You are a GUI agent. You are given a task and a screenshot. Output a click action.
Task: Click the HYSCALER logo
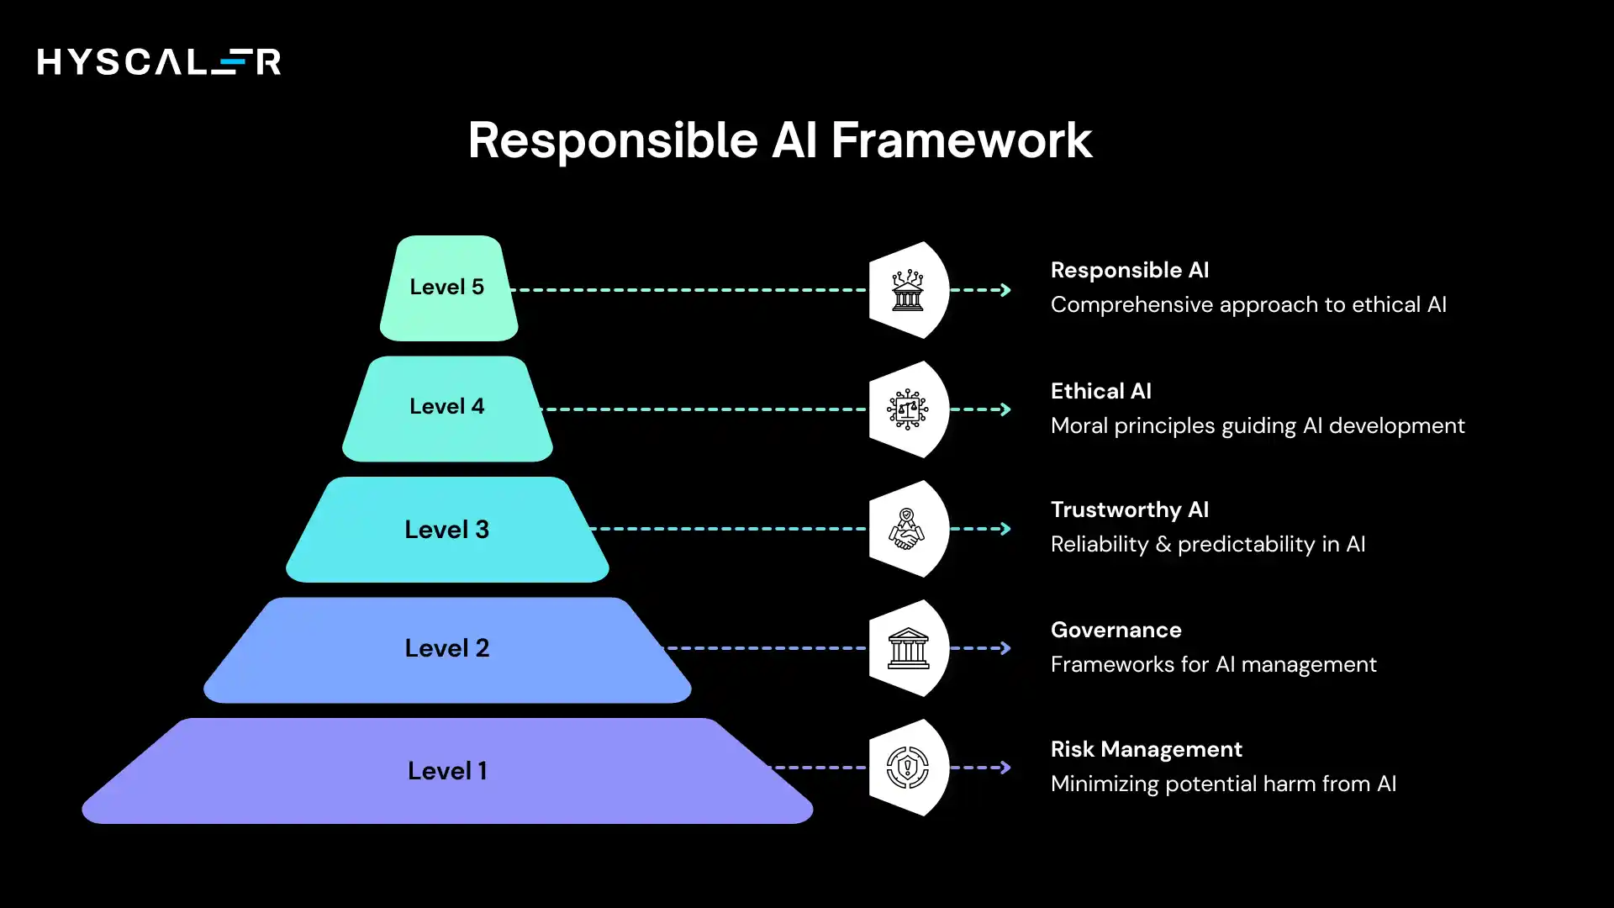pyautogui.click(x=159, y=61)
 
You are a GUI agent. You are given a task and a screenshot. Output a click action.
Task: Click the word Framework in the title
pyautogui.click(x=961, y=140)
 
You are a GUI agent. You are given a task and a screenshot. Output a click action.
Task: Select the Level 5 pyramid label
pyautogui.click(x=446, y=288)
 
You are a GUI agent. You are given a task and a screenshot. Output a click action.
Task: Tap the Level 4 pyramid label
pyautogui.click(x=446, y=407)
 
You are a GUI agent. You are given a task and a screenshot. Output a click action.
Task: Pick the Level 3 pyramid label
pyautogui.click(x=446, y=530)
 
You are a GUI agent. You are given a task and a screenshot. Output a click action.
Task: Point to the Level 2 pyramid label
pyautogui.click(x=446, y=648)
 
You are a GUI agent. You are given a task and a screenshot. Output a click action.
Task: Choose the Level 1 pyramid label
pyautogui.click(x=446, y=771)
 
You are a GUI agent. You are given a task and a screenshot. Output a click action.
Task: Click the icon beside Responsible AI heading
pyautogui.click(x=907, y=290)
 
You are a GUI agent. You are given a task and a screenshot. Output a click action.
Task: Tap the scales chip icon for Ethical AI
pyautogui.click(x=907, y=409)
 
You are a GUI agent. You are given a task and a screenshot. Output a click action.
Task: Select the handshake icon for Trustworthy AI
pyautogui.click(x=907, y=529)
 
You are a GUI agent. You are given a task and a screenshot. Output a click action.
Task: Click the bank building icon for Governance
pyautogui.click(x=908, y=648)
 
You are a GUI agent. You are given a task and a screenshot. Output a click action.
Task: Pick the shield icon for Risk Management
pyautogui.click(x=907, y=768)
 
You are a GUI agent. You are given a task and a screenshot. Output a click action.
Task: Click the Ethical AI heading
pyautogui.click(x=1100, y=391)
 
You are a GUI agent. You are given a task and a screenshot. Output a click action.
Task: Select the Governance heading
pyautogui.click(x=1116, y=630)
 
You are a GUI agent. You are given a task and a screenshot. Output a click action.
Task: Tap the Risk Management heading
pyautogui.click(x=1146, y=749)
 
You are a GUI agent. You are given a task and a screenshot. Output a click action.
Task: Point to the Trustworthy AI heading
pyautogui.click(x=1129, y=509)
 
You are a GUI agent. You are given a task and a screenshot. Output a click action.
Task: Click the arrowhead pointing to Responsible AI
pyautogui.click(x=1005, y=290)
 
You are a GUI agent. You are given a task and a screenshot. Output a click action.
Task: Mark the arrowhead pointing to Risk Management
pyautogui.click(x=1005, y=768)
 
